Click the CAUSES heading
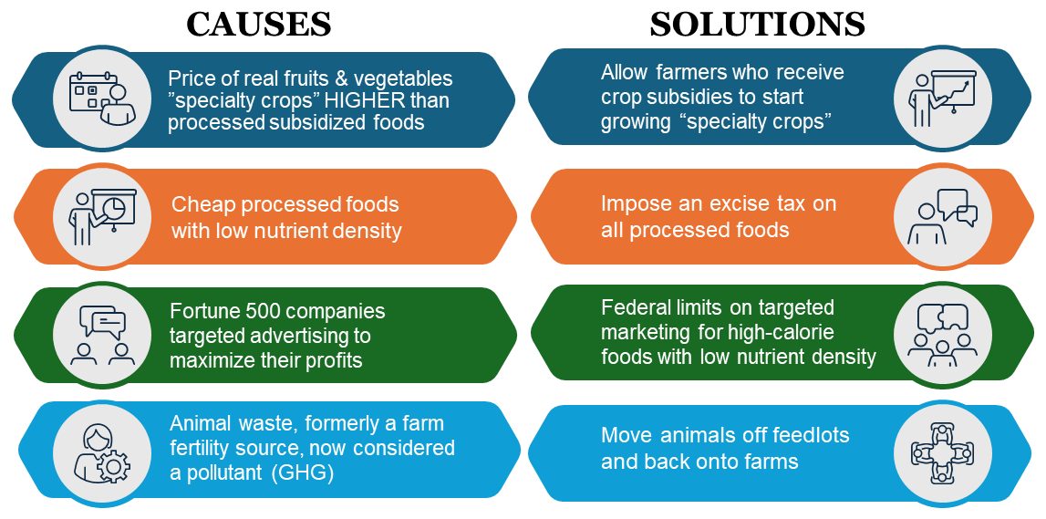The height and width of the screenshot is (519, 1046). point(258,25)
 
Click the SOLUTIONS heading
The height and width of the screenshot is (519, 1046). point(757,25)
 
